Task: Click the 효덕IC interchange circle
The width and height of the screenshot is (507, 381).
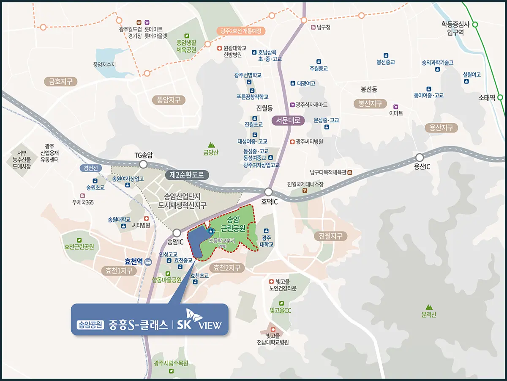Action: point(269,192)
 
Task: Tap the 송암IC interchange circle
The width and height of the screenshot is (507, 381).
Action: point(177,232)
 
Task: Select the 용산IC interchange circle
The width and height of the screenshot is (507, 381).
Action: point(420,157)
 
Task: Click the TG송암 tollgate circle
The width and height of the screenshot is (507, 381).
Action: point(143,164)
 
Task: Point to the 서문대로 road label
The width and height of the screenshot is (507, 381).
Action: point(288,120)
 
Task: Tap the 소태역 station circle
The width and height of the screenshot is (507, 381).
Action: point(500,97)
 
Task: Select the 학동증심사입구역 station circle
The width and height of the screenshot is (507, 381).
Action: point(475,25)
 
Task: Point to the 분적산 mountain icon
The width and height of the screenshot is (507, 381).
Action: point(429,307)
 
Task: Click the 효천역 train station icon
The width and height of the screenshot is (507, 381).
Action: point(148,262)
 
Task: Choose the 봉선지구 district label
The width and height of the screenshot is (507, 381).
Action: point(370,103)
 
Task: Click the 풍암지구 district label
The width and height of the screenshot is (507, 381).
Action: point(169,100)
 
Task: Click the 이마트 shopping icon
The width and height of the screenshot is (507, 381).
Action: point(396,107)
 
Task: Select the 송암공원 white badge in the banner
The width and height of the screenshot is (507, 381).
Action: point(90,325)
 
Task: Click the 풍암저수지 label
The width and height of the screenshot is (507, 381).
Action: point(104,65)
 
